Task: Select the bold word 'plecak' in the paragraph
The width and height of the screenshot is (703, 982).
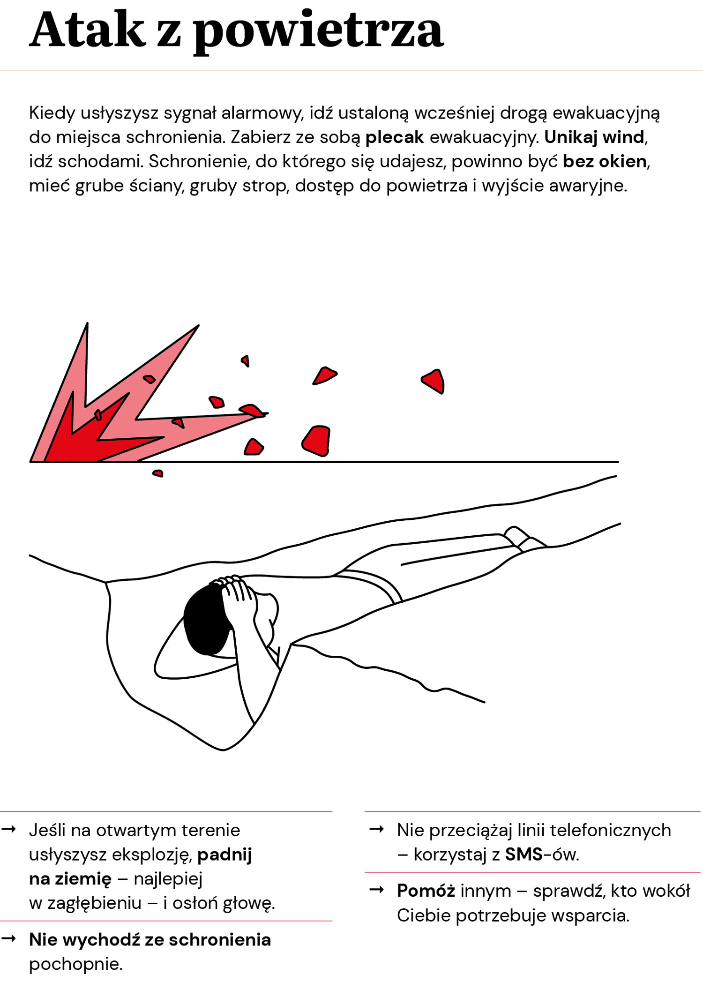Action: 395,137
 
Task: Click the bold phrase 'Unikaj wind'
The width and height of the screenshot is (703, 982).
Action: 594,137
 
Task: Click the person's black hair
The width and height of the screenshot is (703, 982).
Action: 206,619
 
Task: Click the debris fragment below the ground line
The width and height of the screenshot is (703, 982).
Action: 158,473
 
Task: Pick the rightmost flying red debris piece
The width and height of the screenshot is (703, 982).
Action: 433,381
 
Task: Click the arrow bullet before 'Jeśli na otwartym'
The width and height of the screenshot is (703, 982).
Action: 9,829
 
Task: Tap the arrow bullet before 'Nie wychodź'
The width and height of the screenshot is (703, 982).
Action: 9,938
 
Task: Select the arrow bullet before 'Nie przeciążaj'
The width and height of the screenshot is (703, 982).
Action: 377,829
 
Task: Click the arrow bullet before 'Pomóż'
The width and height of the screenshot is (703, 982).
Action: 377,890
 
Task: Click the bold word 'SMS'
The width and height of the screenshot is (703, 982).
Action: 524,855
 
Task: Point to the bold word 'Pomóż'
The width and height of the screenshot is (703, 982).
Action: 426,891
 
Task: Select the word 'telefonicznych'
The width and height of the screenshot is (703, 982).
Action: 610,830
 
